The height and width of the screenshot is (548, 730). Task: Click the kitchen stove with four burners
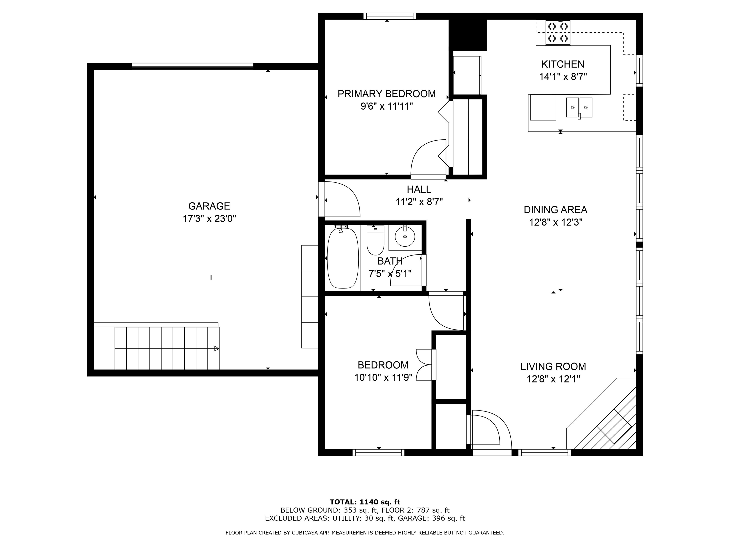click(x=558, y=33)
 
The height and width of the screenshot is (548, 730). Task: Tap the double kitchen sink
click(x=579, y=107)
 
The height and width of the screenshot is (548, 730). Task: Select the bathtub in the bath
click(x=343, y=258)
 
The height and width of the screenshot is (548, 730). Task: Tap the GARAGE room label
click(x=209, y=206)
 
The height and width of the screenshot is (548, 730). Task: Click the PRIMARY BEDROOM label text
click(x=386, y=94)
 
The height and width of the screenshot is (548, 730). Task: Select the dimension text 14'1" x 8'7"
click(x=563, y=77)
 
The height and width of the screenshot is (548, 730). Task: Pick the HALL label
click(x=419, y=189)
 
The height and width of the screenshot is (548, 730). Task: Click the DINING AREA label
click(x=555, y=210)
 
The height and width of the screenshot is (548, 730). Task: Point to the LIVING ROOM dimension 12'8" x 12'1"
click(x=553, y=379)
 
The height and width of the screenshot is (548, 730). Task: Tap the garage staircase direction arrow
click(x=216, y=348)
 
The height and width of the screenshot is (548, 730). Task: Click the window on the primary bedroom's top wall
click(x=390, y=16)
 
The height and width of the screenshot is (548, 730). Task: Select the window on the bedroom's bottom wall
click(x=379, y=453)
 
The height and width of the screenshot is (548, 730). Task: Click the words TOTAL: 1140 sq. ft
click(x=365, y=502)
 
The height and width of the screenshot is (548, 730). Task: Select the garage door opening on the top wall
click(x=192, y=66)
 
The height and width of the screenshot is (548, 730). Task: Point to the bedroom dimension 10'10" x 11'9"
click(x=383, y=377)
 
